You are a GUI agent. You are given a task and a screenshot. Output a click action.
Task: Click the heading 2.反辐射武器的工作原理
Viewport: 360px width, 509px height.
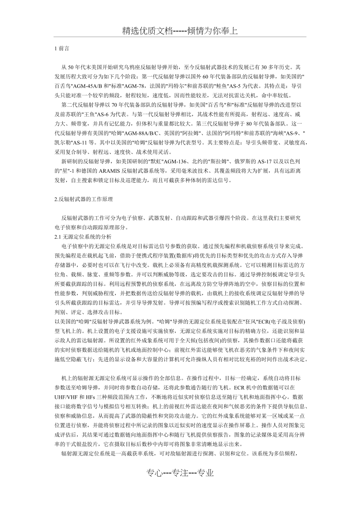tap(84, 199)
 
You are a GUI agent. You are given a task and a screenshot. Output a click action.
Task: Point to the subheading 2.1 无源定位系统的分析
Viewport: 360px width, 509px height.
tap(83, 237)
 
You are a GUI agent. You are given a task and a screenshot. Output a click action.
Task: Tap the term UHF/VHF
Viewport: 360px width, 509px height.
tap(67, 398)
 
